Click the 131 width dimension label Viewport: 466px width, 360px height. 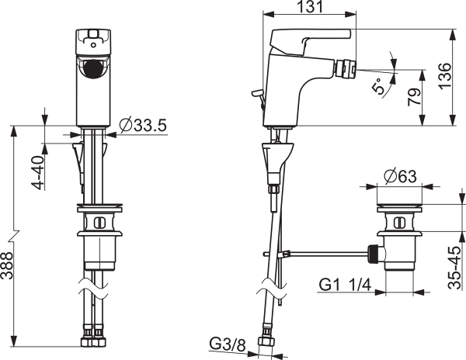coord(310,6)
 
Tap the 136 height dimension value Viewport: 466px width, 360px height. coord(445,76)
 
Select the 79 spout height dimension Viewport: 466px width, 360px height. coord(415,97)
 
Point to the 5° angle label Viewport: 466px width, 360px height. coord(377,86)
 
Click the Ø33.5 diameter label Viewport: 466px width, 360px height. coord(143,125)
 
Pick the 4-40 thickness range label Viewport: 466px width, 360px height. coord(38,173)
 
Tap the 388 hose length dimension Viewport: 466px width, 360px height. coord(7,265)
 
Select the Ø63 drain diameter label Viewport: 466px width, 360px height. coord(400,177)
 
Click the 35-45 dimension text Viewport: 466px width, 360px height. coord(455,268)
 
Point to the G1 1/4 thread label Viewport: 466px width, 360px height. coord(345,286)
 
